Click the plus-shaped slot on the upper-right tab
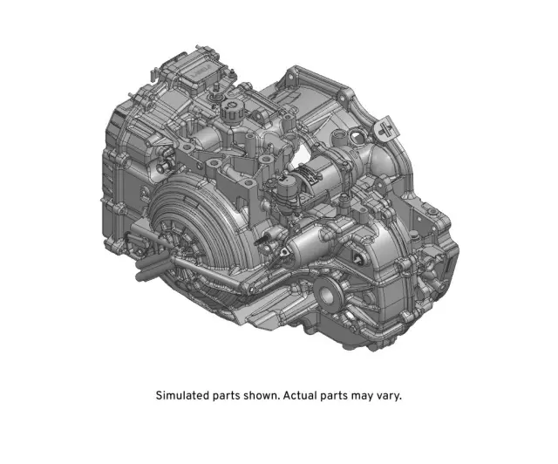coord(384,130)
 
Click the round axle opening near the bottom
coord(332,292)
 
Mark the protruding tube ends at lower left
coord(139,262)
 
